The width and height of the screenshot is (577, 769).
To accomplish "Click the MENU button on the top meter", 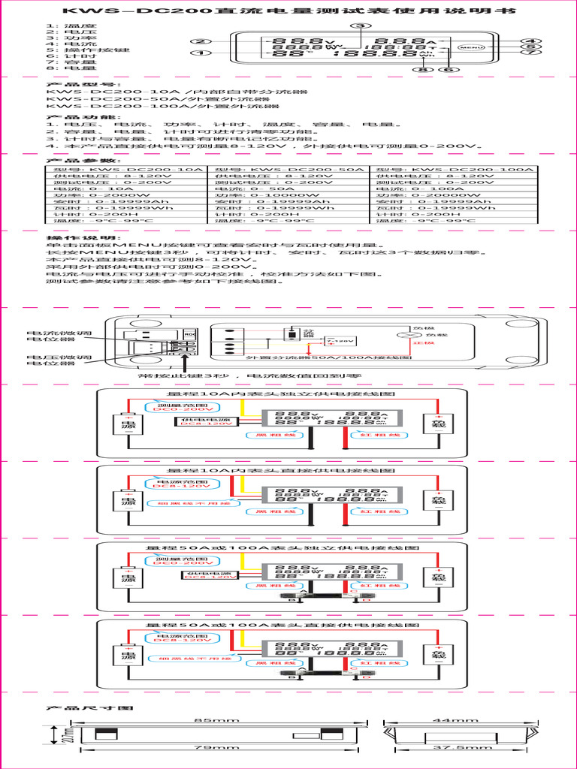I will (x=471, y=47).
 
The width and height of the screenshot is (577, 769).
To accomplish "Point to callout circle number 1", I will (x=199, y=54).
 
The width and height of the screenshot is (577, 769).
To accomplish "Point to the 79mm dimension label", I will (x=212, y=748).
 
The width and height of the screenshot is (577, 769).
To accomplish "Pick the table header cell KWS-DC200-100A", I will (x=454, y=170).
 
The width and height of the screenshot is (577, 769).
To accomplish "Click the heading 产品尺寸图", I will (x=89, y=707).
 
